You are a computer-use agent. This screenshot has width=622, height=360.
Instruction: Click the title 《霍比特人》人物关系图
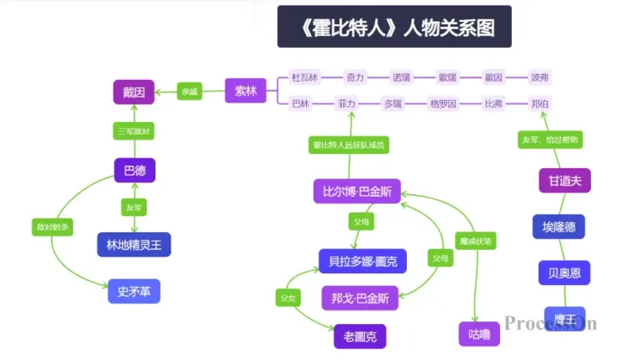(x=394, y=28)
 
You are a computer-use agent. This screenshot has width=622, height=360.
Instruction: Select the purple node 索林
(x=245, y=91)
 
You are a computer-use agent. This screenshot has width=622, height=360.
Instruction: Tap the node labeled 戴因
(x=134, y=92)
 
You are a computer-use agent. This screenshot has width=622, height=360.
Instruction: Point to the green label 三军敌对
(x=134, y=131)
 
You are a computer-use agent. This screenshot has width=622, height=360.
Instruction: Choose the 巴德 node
(x=134, y=171)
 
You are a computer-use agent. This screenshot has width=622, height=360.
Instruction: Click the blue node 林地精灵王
(x=134, y=245)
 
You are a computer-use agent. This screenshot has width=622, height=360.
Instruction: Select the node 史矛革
(x=134, y=291)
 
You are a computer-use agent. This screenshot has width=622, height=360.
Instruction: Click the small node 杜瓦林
(x=304, y=77)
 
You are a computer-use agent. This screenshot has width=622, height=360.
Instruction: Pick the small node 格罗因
(x=443, y=104)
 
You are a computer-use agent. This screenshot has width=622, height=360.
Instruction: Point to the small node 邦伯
(x=540, y=104)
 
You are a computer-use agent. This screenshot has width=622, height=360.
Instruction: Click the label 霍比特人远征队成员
(x=349, y=146)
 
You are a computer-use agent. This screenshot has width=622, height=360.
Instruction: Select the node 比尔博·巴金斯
(x=356, y=191)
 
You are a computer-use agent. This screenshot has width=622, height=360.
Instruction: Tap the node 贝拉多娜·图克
(x=362, y=261)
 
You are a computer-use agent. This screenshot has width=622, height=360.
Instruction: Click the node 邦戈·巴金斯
(x=360, y=298)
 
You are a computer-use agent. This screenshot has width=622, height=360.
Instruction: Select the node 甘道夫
(x=559, y=181)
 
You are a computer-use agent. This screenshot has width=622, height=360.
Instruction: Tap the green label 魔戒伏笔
(x=475, y=241)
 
